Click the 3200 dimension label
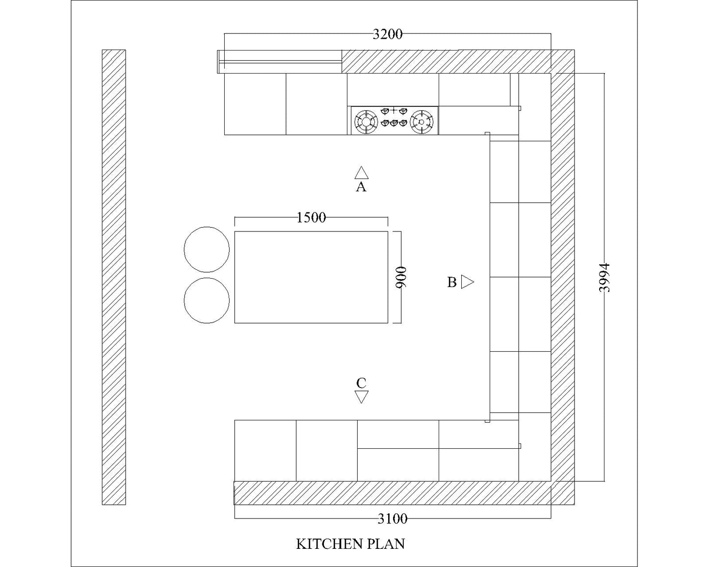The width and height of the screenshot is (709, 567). [x=388, y=34]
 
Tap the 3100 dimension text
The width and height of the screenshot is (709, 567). [x=393, y=519]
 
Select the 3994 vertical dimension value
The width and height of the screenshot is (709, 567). [x=604, y=278]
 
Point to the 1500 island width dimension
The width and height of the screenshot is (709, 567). [x=312, y=217]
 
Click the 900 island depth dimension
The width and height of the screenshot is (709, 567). [x=401, y=277]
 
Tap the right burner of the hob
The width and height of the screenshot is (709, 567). [x=421, y=122]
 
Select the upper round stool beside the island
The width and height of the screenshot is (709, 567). [x=207, y=249]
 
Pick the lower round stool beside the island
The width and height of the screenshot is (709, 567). [x=207, y=301]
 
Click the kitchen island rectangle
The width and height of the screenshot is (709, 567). [x=311, y=277]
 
